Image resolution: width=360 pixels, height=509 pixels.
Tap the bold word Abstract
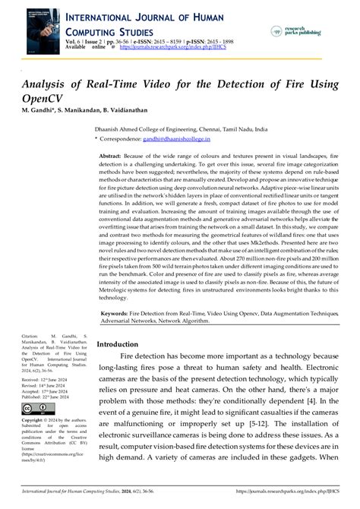pos(111,155)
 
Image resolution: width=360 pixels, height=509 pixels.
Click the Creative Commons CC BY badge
pos(36,410)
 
